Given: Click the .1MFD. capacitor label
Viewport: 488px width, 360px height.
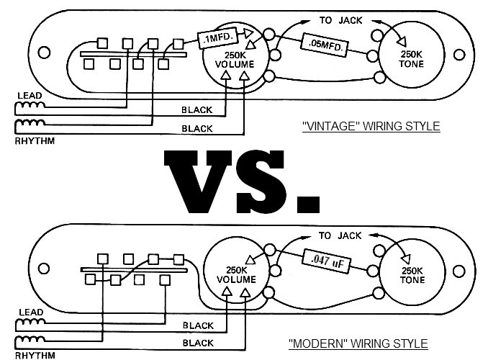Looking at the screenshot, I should point(217,37).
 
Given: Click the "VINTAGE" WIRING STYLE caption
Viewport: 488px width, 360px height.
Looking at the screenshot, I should point(371,127).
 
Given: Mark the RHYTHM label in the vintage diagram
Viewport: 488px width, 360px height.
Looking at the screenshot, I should point(35,141).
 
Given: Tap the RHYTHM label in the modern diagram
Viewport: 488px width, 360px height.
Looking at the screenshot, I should point(35,355).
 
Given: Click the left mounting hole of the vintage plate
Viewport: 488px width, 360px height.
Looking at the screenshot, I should point(45,53).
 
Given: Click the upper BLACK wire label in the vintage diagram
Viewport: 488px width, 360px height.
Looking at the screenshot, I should point(196,110).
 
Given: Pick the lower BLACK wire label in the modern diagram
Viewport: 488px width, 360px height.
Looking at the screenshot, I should point(197,343).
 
